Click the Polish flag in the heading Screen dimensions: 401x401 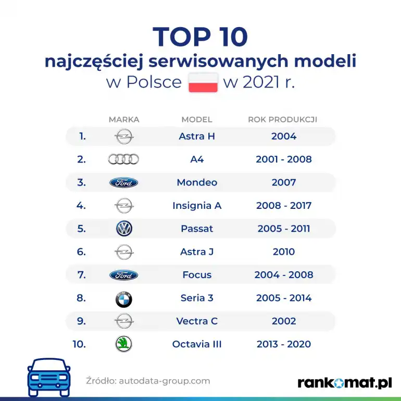203,83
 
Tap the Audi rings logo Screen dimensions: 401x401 123,159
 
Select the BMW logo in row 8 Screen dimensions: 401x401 123,298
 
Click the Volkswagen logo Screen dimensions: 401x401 124,229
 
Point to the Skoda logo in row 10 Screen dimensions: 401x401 123,344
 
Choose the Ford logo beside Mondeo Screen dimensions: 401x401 123,183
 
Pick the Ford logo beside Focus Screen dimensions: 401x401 123,275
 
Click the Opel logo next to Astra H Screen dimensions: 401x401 124,136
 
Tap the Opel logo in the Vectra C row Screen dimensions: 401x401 124,321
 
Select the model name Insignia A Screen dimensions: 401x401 197,206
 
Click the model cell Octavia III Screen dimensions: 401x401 197,344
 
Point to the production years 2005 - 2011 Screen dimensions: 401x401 284,229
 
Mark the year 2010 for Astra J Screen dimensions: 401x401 284,252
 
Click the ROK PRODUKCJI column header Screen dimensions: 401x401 282,119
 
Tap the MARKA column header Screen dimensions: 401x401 124,119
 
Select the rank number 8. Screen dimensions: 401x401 81,298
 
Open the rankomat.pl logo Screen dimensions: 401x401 344,383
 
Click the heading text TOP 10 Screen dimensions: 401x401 200,37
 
